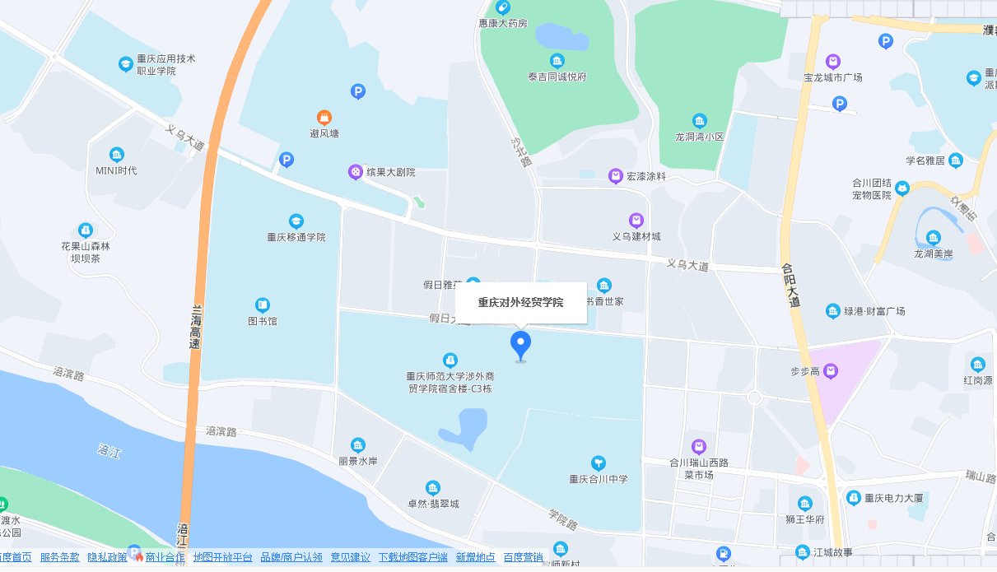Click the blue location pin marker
tap(520, 344)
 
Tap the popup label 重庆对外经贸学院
tap(520, 302)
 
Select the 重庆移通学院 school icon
tap(296, 221)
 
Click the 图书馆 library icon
tap(263, 305)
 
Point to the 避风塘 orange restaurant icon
tap(324, 118)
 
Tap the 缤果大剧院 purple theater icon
tap(355, 172)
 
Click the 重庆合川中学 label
tap(599, 479)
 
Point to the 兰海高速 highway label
tap(197, 328)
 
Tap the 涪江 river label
tap(109, 450)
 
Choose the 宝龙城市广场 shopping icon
tap(833, 61)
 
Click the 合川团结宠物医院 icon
tap(902, 188)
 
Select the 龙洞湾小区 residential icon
tap(699, 120)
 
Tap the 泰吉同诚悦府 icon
tap(557, 61)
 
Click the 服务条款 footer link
tap(60, 557)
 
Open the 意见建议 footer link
tap(350, 557)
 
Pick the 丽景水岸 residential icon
tap(357, 445)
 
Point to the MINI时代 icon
tap(117, 154)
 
